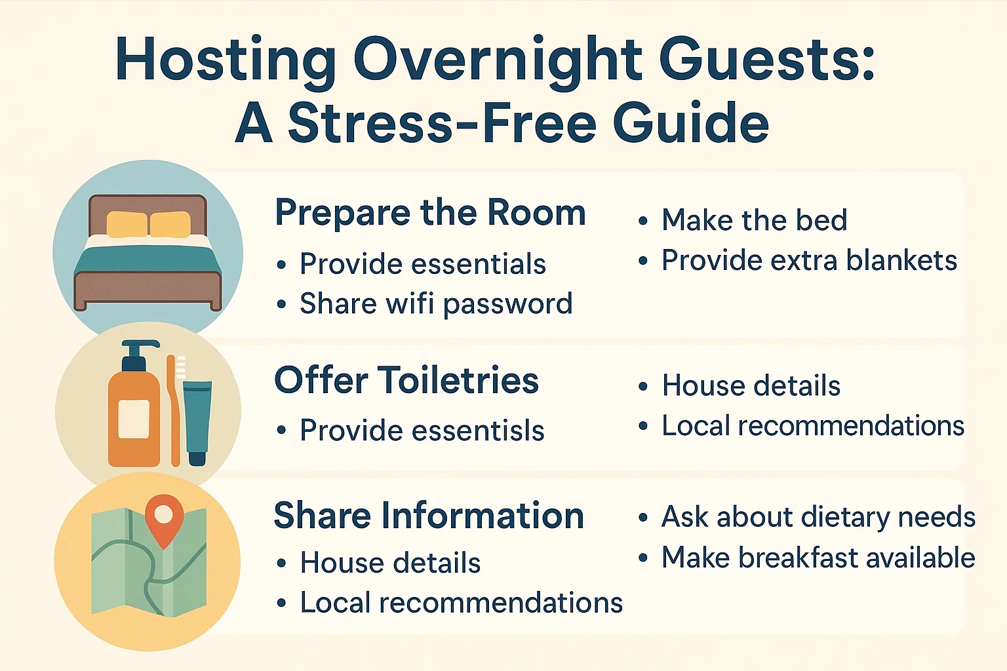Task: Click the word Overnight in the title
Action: click(x=498, y=60)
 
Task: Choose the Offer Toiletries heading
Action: click(x=406, y=380)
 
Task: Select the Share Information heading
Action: click(x=429, y=515)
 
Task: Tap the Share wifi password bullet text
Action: click(x=436, y=304)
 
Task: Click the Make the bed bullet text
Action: click(x=754, y=220)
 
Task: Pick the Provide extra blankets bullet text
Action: click(x=809, y=261)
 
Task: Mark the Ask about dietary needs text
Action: click(x=818, y=517)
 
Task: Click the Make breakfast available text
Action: click(x=818, y=558)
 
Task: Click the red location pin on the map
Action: click(x=164, y=514)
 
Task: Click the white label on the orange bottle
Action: click(x=133, y=418)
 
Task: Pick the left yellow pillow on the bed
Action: click(x=127, y=225)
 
